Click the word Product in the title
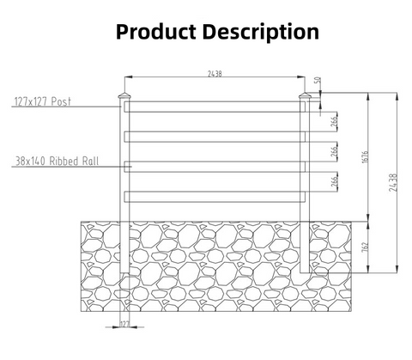[156, 31]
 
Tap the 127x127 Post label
[42, 101]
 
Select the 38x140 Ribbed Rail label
[57, 161]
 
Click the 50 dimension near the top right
[318, 80]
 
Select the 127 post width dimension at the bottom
[124, 324]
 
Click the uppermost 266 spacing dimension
[334, 121]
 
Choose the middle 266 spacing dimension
[334, 151]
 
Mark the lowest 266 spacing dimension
[334, 181]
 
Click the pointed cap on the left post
[124, 95]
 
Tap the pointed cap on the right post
[305, 95]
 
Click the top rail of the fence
[215, 107]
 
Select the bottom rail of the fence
[215, 197]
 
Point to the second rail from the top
[215, 137]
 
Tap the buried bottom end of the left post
[124, 272]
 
